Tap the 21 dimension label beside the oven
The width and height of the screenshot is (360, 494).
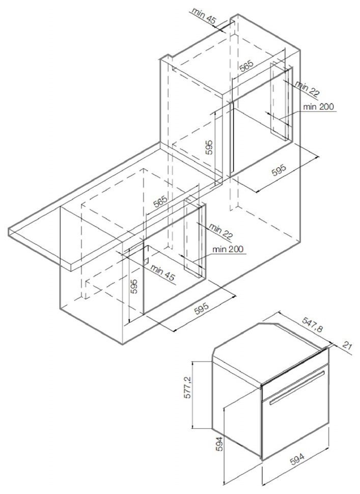tap(347, 346)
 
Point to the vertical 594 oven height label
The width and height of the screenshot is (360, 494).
tap(220, 444)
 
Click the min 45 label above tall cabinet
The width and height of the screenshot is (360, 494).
tap(204, 16)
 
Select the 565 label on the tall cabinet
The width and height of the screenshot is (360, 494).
tap(246, 67)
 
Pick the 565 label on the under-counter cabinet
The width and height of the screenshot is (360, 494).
tap(161, 201)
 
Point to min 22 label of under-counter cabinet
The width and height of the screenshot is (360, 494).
tap(221, 231)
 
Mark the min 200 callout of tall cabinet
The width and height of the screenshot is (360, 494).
tap(318, 107)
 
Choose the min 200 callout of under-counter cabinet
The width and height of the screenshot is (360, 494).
tap(228, 249)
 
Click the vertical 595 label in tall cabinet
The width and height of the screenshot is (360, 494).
tap(209, 147)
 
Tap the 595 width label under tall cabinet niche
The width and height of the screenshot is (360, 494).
tap(279, 171)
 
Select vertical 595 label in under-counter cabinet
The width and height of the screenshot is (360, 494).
tap(134, 286)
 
